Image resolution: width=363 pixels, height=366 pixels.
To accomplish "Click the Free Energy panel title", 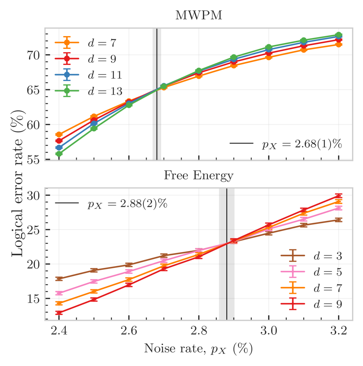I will [198, 176].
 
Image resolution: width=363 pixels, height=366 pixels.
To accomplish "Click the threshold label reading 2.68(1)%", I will [301, 144].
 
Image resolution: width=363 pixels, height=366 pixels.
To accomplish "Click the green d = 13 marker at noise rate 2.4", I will [59, 154].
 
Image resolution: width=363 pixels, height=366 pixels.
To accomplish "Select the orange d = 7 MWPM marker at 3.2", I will [339, 44].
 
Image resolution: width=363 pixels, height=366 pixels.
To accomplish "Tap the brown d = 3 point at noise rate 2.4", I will [59, 279].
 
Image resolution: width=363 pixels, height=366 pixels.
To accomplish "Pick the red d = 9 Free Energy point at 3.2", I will [339, 196].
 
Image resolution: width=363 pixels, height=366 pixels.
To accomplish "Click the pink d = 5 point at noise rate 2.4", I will [59, 293].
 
